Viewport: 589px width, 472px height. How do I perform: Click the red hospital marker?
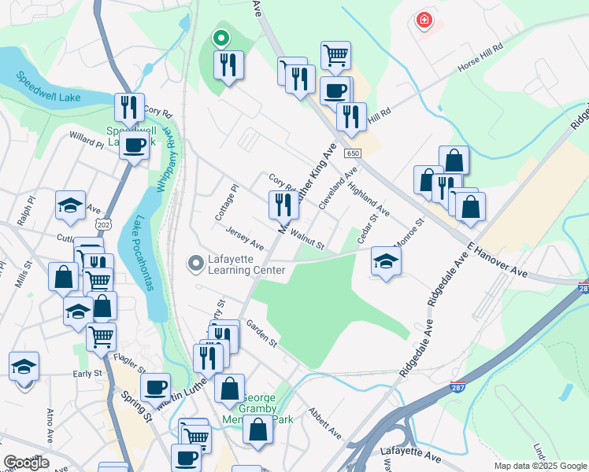[424, 20]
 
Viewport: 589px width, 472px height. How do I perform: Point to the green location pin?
[221, 37]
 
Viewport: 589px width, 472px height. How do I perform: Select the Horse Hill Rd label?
[480, 58]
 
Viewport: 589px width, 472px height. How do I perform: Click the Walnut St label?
[307, 239]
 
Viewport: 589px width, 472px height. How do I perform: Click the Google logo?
[26, 463]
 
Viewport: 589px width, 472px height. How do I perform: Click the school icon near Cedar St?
[386, 261]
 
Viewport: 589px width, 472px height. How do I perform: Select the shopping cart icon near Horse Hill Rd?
[335, 55]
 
